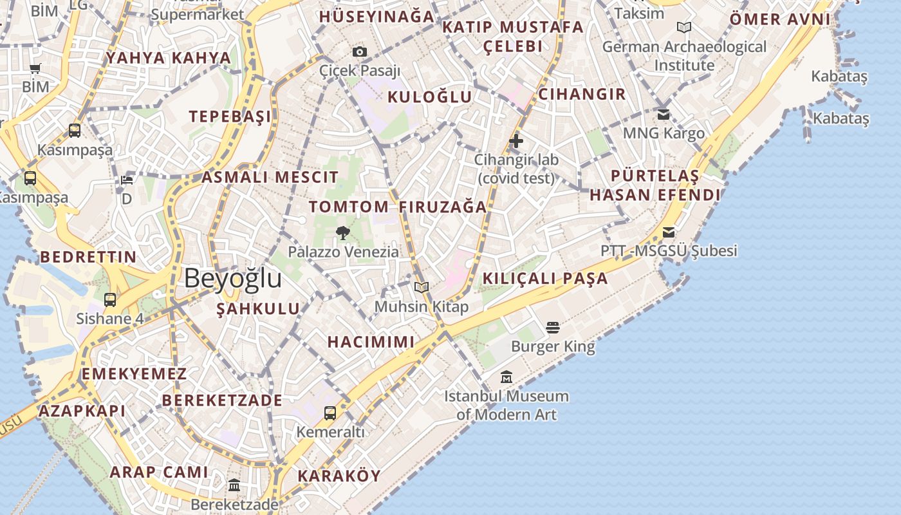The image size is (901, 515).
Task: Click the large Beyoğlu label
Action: click(233, 279)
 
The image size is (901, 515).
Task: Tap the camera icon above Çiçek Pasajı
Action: click(360, 51)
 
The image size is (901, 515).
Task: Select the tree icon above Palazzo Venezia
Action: click(343, 232)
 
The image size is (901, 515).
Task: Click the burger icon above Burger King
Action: click(553, 328)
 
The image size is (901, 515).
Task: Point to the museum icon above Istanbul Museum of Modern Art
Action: click(506, 377)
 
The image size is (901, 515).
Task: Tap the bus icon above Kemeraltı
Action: click(330, 413)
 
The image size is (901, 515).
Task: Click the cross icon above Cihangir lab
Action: click(516, 141)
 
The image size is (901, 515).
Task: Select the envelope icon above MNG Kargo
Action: click(664, 115)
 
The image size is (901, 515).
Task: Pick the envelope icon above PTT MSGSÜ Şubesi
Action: click(669, 232)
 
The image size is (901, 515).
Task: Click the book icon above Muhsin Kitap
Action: click(422, 287)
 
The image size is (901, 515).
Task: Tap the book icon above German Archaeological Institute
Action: click(684, 28)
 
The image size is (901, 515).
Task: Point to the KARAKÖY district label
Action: click(339, 476)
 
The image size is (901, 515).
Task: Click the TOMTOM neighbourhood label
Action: click(348, 207)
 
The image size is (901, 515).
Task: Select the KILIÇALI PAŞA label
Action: click(545, 279)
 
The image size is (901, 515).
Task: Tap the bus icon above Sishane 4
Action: click(110, 299)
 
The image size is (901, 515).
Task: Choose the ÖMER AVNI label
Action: click(780, 19)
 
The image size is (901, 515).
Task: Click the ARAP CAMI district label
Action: click(159, 472)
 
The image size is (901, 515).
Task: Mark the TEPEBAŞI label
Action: click(230, 117)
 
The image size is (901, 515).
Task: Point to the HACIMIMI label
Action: click(371, 342)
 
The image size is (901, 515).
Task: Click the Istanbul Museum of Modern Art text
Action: click(506, 405)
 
